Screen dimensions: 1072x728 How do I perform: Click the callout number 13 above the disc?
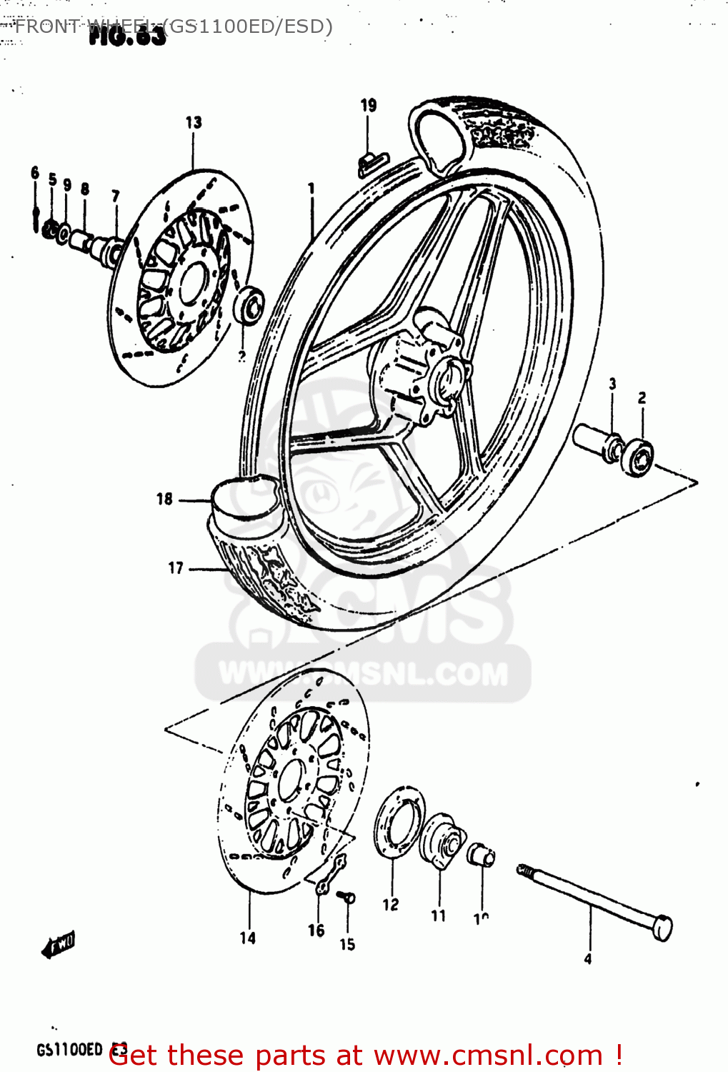[194, 123]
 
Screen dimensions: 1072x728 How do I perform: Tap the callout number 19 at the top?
[368, 106]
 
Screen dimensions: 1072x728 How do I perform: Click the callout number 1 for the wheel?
[311, 189]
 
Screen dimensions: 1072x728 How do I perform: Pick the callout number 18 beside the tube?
[164, 499]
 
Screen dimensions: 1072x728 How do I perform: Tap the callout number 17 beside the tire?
[176, 568]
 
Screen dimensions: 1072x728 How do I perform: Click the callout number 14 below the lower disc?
[247, 938]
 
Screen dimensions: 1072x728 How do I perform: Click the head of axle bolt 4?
[662, 928]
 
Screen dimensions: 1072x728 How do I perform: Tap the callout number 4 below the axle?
[587, 959]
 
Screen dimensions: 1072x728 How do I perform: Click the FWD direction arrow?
[59, 946]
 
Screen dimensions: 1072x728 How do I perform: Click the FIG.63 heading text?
[127, 36]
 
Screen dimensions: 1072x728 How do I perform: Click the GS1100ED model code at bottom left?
[70, 1049]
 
